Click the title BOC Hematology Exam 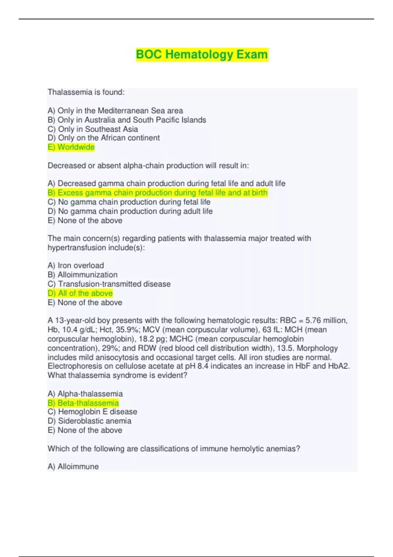tap(202, 54)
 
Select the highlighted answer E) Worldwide tap(71, 147)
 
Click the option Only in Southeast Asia tap(93, 129)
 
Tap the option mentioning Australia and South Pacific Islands tap(127, 120)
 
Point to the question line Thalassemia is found tap(86, 92)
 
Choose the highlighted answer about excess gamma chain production tap(158, 193)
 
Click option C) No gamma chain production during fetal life tap(129, 202)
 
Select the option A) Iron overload tap(76, 265)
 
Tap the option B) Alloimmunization tap(83, 275)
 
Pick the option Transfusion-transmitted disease tap(109, 284)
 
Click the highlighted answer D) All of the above tap(80, 293)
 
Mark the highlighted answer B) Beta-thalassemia tap(83, 403)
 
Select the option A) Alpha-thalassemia tap(85, 394)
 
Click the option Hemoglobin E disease tap(92, 412)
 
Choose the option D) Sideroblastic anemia tap(89, 421)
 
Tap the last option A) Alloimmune tap(73, 466)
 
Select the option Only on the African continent tap(103, 138)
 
